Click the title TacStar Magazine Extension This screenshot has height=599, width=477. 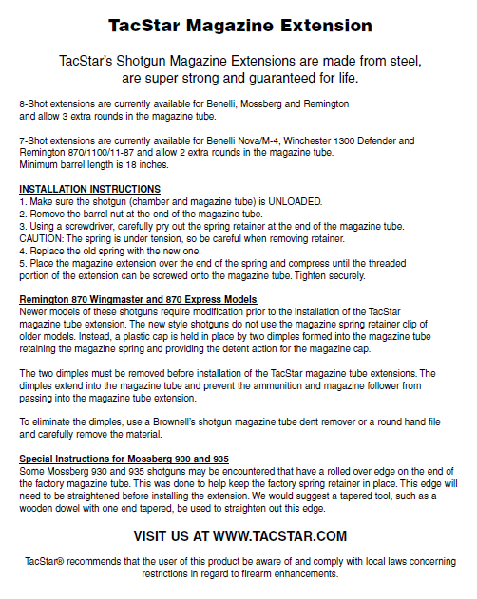coord(238,25)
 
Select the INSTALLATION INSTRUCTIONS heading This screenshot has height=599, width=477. coord(89,190)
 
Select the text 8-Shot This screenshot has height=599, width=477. coord(33,102)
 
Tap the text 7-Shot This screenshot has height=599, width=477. coord(33,140)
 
